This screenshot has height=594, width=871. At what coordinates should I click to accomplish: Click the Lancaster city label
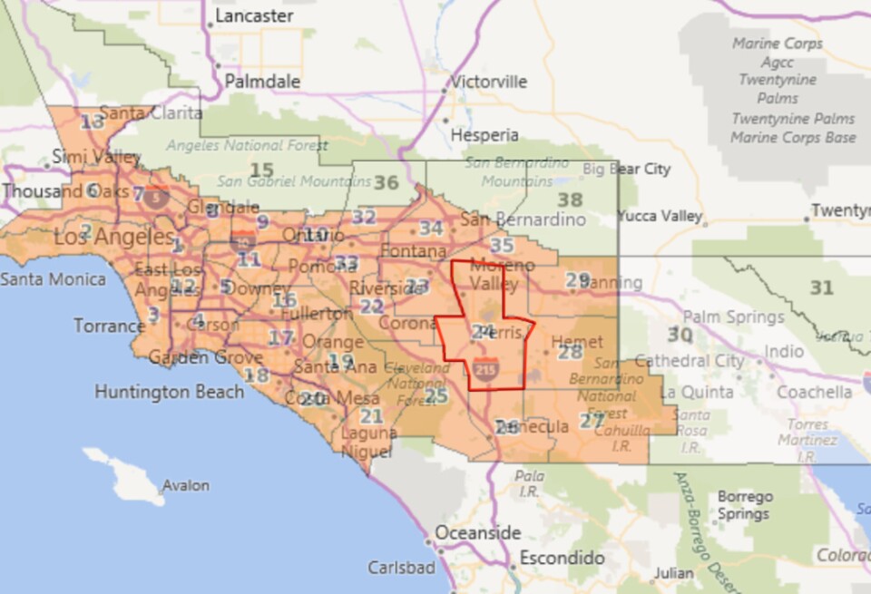pyautogui.click(x=254, y=16)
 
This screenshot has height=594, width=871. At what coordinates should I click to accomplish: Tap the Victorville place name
pyautogui.click(x=490, y=82)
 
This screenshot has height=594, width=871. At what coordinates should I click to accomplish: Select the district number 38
pyautogui.click(x=570, y=200)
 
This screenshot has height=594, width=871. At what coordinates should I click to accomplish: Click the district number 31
pyautogui.click(x=821, y=287)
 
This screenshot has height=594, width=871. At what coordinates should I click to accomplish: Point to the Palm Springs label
pyautogui.click(x=733, y=317)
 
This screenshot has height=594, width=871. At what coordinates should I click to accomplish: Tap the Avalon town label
pyautogui.click(x=185, y=486)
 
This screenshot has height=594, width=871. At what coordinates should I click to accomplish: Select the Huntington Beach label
pyautogui.click(x=170, y=392)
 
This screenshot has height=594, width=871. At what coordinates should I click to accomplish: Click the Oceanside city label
pyautogui.click(x=478, y=532)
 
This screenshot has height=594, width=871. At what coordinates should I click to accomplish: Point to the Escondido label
pyautogui.click(x=562, y=557)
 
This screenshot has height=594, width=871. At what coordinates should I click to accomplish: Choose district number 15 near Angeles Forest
pyautogui.click(x=261, y=170)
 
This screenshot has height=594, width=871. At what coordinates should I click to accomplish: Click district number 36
pyautogui.click(x=387, y=182)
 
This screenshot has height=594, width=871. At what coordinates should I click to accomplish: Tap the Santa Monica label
pyautogui.click(x=53, y=279)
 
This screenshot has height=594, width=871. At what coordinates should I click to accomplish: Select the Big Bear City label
pyautogui.click(x=626, y=169)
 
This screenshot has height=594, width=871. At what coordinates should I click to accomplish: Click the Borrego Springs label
pyautogui.click(x=744, y=505)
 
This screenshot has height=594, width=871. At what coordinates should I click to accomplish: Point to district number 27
pyautogui.click(x=592, y=420)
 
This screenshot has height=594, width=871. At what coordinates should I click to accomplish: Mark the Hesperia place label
pyautogui.click(x=484, y=135)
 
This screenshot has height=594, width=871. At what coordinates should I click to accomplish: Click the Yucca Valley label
pyautogui.click(x=660, y=216)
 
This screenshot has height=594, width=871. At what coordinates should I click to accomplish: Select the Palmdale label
pyautogui.click(x=262, y=82)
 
